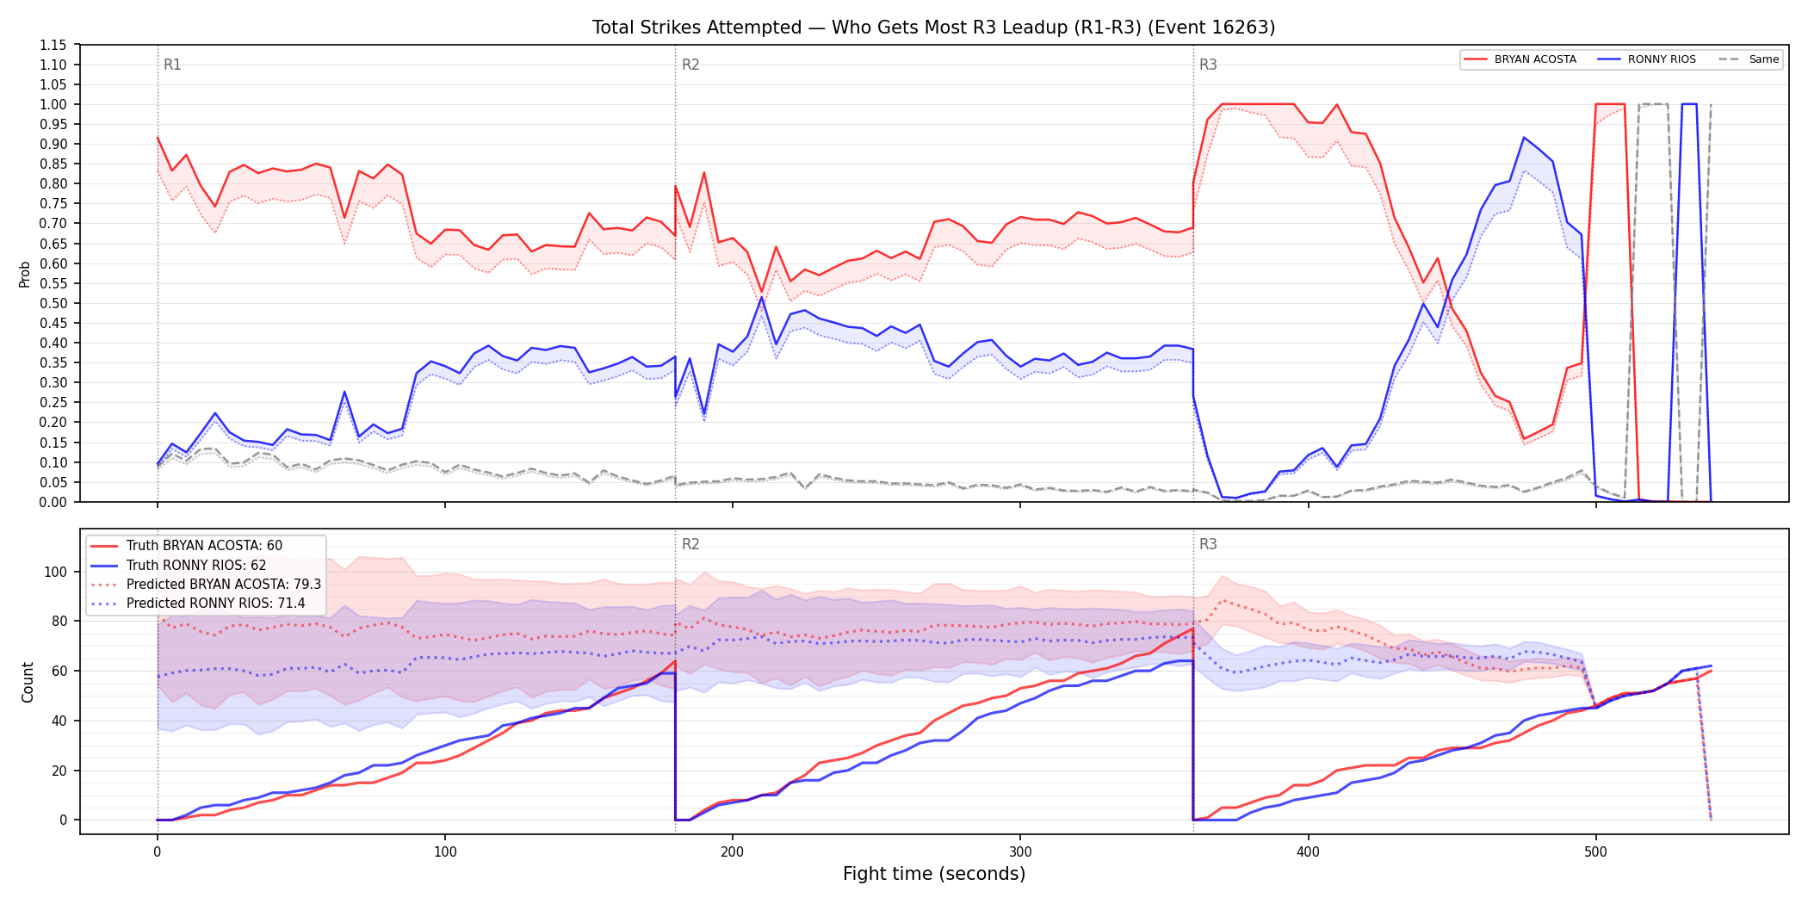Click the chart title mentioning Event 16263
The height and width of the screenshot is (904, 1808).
point(933,28)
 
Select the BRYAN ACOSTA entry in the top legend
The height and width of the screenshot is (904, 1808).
point(1520,59)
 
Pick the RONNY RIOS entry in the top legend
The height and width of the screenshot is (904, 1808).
point(1647,59)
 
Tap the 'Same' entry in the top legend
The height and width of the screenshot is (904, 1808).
point(1749,59)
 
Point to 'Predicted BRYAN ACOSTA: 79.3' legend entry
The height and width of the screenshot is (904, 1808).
point(206,585)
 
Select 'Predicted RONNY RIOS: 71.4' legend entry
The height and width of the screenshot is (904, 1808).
point(198,604)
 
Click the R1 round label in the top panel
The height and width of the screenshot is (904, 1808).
point(172,65)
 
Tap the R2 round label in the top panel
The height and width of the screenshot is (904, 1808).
point(690,65)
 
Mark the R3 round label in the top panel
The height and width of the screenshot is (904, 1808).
point(1208,65)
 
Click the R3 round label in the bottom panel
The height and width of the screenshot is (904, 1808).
point(1208,544)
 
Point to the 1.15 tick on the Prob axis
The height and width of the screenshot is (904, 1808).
point(53,45)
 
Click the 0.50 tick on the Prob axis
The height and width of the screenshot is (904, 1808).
point(53,303)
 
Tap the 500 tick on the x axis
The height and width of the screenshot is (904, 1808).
point(1595,852)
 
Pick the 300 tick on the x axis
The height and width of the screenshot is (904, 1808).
point(1020,852)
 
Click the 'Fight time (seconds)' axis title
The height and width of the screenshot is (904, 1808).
point(934,874)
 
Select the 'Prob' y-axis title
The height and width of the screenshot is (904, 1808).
point(25,274)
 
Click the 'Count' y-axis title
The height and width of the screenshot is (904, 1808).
point(28,682)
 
